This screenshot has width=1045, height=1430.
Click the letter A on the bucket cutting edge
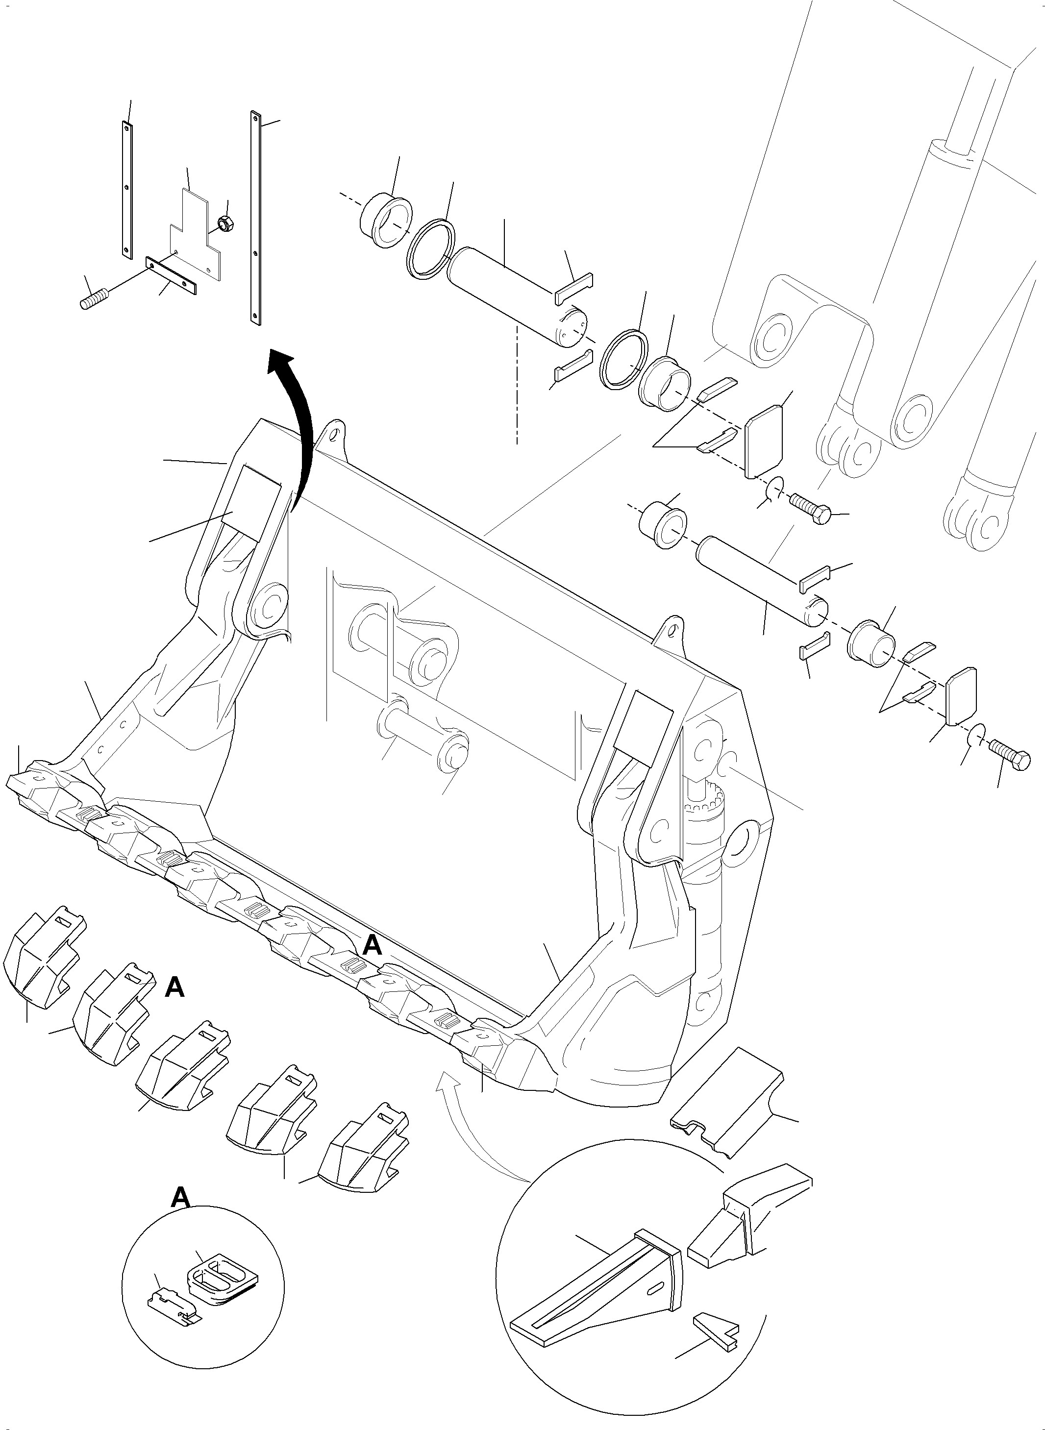coord(373,964)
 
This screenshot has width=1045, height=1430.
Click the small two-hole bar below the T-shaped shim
coord(171,276)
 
